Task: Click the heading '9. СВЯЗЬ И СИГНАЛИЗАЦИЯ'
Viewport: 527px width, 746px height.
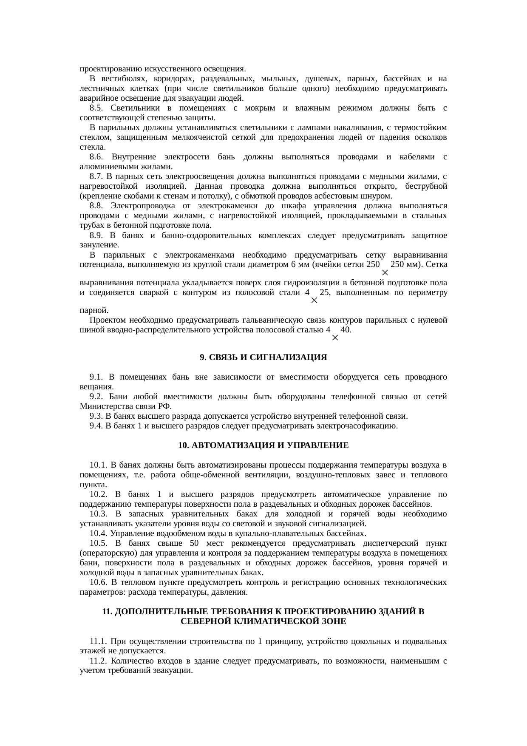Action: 263,357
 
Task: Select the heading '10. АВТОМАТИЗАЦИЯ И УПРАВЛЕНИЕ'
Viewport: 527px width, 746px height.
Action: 263,445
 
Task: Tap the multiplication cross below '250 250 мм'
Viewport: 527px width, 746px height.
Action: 384,272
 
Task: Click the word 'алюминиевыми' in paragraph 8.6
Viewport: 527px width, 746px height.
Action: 102,167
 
